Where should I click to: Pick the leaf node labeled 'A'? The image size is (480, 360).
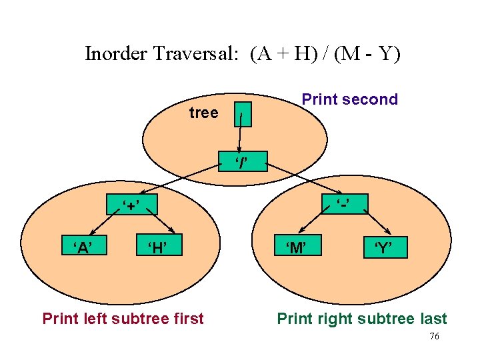tap(83, 248)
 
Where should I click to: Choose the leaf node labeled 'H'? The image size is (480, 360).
tap(156, 248)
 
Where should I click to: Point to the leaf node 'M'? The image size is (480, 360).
tap(296, 248)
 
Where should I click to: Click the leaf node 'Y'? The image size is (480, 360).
tap(382, 249)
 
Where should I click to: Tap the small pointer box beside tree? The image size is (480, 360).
tap(243, 114)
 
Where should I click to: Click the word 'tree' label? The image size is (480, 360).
tap(203, 113)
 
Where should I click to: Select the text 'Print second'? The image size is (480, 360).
tap(349, 99)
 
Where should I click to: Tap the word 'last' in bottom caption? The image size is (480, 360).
tap(431, 319)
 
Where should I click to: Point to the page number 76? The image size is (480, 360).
tap(434, 337)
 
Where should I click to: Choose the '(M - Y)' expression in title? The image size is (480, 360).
tap(364, 53)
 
